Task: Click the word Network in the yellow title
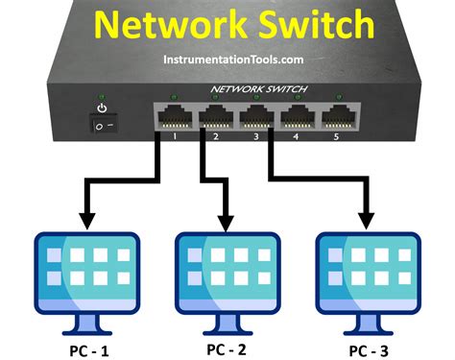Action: coord(159,23)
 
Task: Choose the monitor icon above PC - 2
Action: coord(228,274)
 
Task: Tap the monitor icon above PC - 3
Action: coord(369,274)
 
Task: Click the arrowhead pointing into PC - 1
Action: coord(84,220)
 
